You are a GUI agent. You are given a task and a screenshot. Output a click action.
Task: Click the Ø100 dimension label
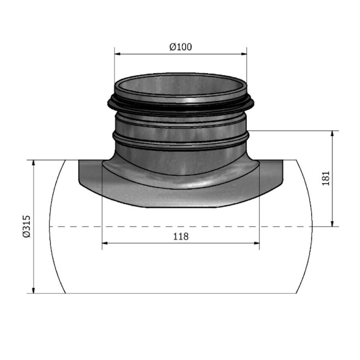point(180,47)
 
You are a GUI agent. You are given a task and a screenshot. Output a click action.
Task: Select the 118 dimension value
point(180,236)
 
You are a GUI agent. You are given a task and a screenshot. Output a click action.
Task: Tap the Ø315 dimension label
point(26,226)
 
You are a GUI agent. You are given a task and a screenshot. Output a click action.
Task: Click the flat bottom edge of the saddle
point(180,207)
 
